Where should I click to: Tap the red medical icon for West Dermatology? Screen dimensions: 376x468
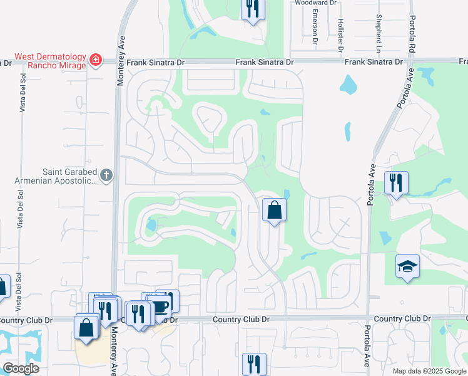tap(96, 61)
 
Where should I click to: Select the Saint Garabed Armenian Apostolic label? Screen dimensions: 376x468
tap(56, 175)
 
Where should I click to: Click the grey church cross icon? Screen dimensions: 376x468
tap(106, 175)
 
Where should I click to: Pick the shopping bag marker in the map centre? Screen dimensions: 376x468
tap(274, 211)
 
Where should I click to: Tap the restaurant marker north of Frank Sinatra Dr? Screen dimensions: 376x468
tap(253, 9)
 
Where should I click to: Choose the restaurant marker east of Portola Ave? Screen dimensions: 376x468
tap(396, 183)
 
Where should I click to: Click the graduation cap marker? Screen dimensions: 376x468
tap(407, 266)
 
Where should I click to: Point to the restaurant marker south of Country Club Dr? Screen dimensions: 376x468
tap(254, 363)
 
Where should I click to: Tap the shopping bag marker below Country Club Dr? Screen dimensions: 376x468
tap(86, 327)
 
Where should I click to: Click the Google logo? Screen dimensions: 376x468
tap(21, 368)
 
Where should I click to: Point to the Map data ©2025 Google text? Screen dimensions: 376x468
tap(429, 371)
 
